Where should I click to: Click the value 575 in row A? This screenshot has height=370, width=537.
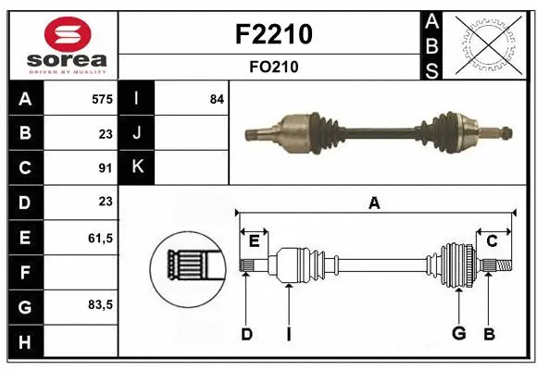(x=103, y=99)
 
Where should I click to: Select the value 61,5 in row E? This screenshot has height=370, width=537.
(x=101, y=238)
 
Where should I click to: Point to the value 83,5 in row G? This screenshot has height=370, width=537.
(x=101, y=304)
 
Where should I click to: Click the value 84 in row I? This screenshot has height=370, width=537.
(x=217, y=99)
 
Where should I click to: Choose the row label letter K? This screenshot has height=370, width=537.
(x=137, y=167)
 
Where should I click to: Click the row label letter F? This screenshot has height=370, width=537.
(x=24, y=272)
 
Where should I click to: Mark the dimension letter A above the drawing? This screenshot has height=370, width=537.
(x=374, y=203)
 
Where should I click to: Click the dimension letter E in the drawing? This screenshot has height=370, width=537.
(x=254, y=241)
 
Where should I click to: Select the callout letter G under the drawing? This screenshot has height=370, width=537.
(x=457, y=334)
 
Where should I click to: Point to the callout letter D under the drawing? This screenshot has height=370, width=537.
(x=246, y=334)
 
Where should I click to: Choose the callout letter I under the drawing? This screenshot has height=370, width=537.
(x=288, y=334)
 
